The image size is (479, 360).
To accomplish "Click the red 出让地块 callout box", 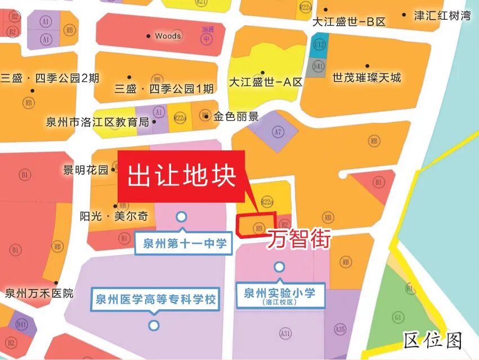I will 181,176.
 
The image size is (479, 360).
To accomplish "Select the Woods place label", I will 168,36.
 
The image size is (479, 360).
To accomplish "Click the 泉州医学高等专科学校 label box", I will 154,299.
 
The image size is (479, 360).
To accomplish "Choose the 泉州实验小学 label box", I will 279,295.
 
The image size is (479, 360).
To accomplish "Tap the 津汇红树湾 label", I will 442,16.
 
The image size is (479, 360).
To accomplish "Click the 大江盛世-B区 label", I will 349,22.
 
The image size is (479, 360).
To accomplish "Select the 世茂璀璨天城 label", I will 367,78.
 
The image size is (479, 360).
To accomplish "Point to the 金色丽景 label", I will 236,117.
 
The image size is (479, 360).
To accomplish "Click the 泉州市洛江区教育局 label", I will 97,122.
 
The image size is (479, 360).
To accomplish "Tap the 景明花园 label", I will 86,170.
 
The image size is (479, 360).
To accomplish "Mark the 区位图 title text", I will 433,340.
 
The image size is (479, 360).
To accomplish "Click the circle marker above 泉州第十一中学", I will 181,216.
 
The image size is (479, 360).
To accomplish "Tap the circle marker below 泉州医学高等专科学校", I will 153,325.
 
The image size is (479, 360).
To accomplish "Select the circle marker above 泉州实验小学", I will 279,266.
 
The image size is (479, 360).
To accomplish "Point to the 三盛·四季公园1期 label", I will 164,88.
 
